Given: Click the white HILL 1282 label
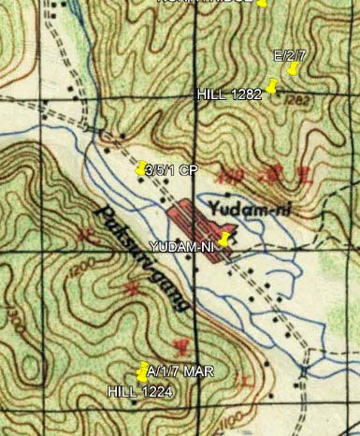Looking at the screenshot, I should point(229,95).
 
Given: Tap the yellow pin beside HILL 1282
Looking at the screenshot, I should point(272,88).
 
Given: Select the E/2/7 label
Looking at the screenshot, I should point(290,56).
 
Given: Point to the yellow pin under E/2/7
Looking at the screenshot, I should point(293,68).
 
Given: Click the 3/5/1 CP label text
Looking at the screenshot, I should point(173,170).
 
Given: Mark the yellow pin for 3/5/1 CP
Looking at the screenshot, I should point(141,169).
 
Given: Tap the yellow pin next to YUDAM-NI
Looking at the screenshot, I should point(223,239).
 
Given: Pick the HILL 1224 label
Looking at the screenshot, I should point(139,391).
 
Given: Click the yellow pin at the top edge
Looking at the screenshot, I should point(263,4).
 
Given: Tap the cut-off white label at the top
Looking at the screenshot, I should point(206,3).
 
